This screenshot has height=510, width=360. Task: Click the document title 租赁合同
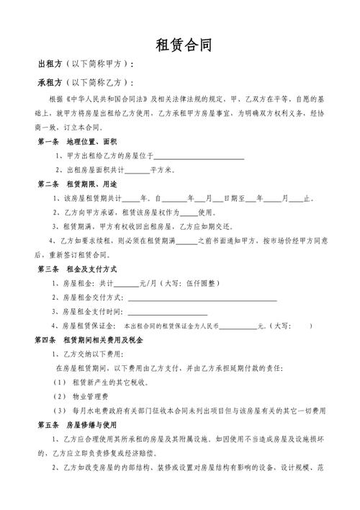pos(184,46)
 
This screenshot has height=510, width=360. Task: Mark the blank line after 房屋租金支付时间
pos(167,311)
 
